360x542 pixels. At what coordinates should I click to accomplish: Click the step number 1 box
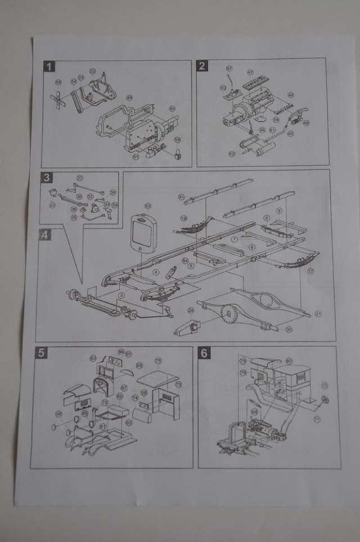coord(50,67)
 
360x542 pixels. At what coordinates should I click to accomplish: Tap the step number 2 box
coord(202,66)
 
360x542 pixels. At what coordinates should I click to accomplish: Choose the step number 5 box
coord(40,353)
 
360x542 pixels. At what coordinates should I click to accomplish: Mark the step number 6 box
coord(204,353)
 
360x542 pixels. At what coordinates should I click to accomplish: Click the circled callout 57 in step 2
coord(229,69)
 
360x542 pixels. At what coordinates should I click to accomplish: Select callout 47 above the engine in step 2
coord(250,72)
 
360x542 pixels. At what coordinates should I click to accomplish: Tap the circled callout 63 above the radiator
coord(148,206)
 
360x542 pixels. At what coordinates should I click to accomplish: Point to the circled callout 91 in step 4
coord(181,197)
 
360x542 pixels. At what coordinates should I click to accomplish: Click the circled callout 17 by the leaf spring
coord(310,270)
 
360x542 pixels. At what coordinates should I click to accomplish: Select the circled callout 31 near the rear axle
coord(319,313)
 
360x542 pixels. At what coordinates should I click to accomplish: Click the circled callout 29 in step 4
coord(191,310)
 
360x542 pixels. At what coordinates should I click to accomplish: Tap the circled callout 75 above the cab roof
coord(158,360)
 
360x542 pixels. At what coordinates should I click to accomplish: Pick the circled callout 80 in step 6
coord(289,361)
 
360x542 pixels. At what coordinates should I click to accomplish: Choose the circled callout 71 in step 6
coord(317,419)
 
